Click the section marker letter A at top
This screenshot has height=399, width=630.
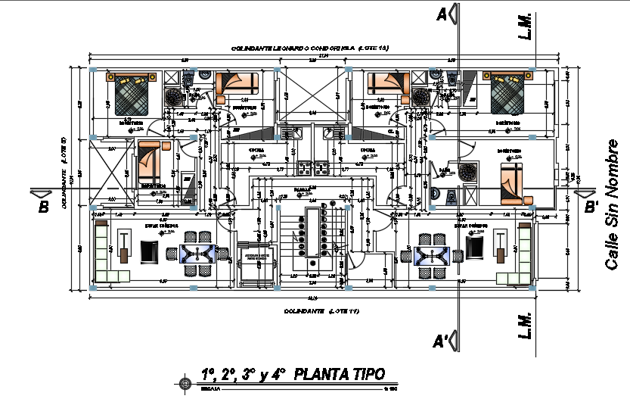[x=439, y=14]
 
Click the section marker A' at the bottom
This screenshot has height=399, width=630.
[x=441, y=342]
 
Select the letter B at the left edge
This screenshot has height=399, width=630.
[x=43, y=207]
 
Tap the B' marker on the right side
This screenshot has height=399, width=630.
[x=591, y=206]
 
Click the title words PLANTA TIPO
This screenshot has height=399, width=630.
[x=338, y=374]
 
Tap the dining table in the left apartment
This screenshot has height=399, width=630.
[x=199, y=253]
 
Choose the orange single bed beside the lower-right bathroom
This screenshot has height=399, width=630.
[x=513, y=182]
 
